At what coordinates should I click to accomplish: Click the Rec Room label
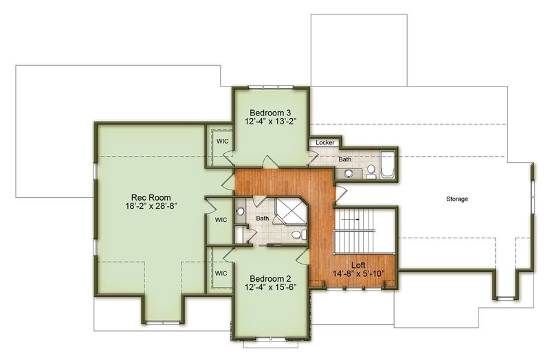(151, 197)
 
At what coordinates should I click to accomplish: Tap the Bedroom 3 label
(270, 113)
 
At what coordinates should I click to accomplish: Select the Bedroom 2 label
(270, 279)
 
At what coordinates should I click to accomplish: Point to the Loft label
(358, 265)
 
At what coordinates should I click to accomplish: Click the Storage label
(457, 199)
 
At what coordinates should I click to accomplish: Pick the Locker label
(325, 143)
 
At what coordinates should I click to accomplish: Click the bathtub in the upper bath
(388, 164)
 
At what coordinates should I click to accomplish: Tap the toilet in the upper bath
(371, 172)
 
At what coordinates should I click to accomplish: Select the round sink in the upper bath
(349, 173)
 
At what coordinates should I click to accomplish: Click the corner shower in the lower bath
(290, 210)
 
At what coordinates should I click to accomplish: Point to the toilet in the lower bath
(298, 234)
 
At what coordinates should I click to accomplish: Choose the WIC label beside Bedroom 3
(222, 142)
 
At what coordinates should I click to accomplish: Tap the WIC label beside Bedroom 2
(221, 273)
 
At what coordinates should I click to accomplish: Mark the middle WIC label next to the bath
(221, 220)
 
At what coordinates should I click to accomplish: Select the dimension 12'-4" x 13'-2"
(270, 121)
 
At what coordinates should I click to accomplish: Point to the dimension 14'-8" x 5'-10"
(358, 273)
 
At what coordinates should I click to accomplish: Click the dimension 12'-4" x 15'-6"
(270, 286)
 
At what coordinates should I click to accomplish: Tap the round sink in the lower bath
(240, 211)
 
